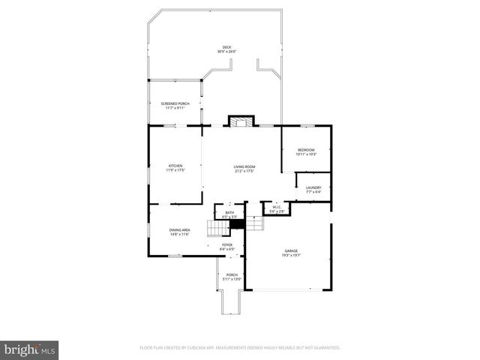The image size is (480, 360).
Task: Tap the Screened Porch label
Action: coord(175,103)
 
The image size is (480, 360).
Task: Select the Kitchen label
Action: coord(175,166)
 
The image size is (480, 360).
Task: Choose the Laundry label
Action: coord(313,187)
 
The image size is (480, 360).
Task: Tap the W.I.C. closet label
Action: coord(277,207)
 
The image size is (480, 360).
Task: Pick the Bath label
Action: coord(229,213)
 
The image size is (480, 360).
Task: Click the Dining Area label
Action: coord(179,229)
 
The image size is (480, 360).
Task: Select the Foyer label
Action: coord(226,244)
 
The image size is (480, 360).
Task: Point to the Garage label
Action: coord(291,250)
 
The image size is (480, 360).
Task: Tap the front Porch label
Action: coord(232,274)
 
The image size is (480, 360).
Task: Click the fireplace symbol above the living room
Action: coord(241,121)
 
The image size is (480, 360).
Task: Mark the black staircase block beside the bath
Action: coord(238,224)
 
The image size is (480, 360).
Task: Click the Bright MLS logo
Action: coord(30,349)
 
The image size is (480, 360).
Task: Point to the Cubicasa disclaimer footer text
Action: coord(240,348)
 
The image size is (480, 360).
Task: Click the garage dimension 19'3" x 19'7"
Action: coord(291,255)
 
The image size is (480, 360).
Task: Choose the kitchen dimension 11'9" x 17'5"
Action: coord(175,170)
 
